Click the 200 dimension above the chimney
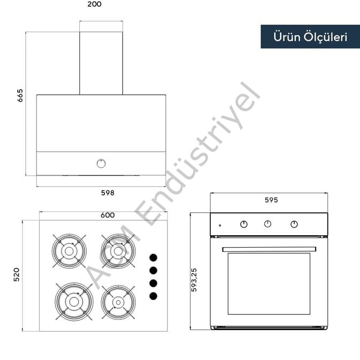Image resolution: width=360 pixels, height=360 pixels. tap(94, 4)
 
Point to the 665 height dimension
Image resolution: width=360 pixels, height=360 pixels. tap(20, 95)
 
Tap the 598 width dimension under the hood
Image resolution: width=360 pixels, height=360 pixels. tap(108, 193)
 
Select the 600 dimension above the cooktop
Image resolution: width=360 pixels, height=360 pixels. tap(108, 215)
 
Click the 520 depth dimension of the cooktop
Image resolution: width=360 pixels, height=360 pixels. tap(17, 274)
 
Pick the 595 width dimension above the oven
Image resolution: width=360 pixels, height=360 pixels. tap(271, 200)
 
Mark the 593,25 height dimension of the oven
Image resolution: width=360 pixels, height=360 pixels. tap(194, 280)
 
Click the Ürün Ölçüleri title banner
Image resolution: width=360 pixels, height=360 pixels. tap(310, 37)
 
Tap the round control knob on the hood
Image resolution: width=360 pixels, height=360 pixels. tap(101, 164)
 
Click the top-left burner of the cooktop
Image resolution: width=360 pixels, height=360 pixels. tap(69, 251)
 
